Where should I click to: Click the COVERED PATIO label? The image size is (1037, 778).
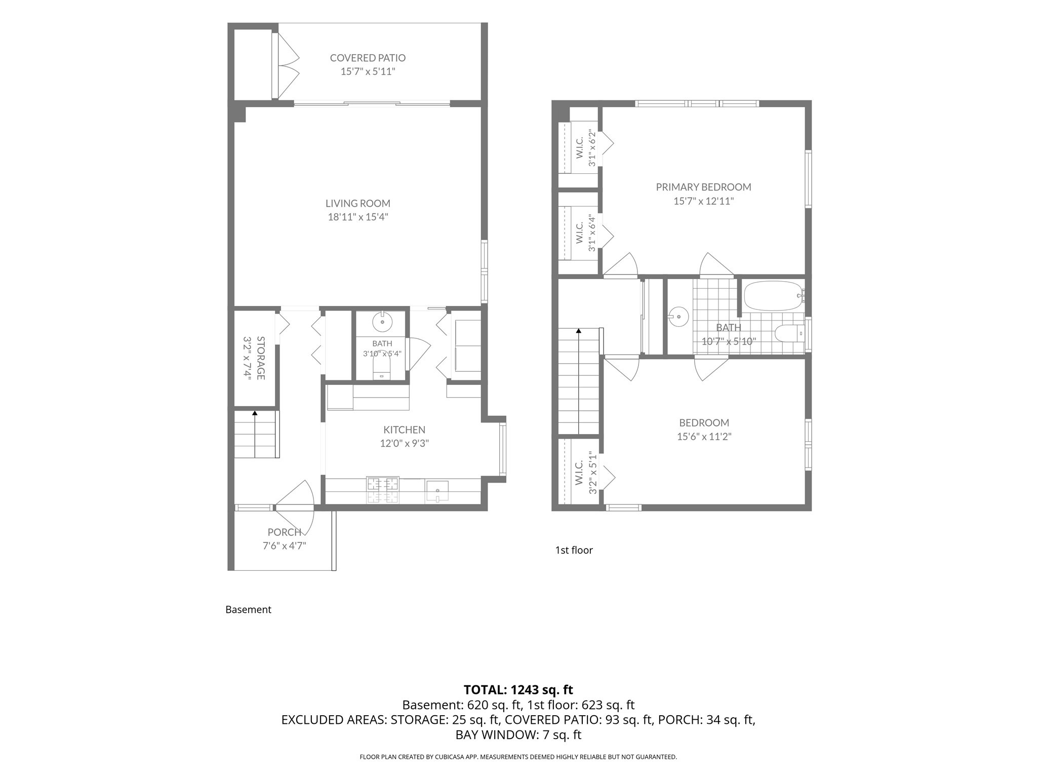tap(368, 58)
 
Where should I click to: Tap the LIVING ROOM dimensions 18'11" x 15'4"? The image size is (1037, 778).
tap(358, 217)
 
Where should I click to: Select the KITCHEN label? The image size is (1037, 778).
tap(404, 430)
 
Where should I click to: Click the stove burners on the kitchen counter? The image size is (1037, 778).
tap(383, 490)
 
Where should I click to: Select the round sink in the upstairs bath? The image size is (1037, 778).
tap(678, 317)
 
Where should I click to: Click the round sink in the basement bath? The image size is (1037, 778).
tap(382, 321)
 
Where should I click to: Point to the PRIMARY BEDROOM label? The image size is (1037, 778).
tap(703, 187)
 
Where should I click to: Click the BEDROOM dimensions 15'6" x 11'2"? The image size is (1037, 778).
tap(704, 437)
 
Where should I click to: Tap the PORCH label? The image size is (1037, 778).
tap(285, 532)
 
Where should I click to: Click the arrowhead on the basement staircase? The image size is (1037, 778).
tap(255, 413)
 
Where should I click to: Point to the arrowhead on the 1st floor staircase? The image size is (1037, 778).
tap(578, 331)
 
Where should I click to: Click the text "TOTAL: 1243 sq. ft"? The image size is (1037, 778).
tap(518, 690)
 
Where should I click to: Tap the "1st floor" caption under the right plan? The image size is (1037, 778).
tap(574, 550)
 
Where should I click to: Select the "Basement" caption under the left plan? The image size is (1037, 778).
tap(248, 610)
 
